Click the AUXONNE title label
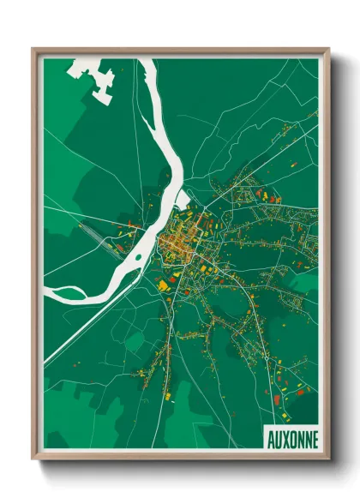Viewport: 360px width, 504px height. (291, 438)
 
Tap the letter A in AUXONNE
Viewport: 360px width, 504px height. (270, 438)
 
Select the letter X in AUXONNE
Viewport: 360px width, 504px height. (285, 438)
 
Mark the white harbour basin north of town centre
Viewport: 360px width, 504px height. (182, 202)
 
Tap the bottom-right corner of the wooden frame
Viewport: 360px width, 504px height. (327, 459)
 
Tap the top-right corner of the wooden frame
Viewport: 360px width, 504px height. (327, 50)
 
